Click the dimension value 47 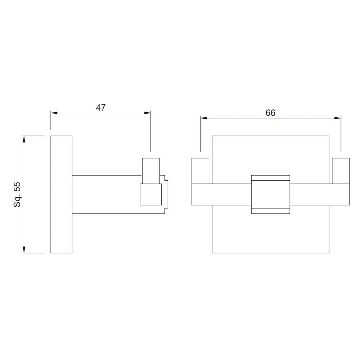101,108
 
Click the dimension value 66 270,113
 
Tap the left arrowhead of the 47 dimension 54,113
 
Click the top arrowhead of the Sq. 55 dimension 24,139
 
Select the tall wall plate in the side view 61,194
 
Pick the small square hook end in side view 150,194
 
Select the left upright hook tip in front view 200,171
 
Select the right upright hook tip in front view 341,171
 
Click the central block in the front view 270,194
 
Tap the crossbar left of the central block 221,194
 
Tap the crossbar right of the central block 319,194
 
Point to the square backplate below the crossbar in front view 270,232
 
